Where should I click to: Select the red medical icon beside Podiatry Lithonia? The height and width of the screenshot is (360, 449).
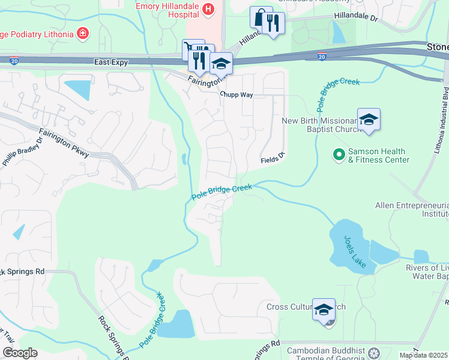pos(82,33)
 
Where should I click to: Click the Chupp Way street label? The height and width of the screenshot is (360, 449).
pos(236,95)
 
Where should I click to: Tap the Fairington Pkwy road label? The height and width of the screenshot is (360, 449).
pos(64,143)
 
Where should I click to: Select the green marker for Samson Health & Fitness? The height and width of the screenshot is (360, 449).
pos(339,155)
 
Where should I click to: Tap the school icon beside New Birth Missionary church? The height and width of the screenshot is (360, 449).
pos(369,119)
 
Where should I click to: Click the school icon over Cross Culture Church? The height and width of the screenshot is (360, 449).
pos(324,309)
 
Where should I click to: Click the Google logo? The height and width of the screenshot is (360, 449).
pos(19,353)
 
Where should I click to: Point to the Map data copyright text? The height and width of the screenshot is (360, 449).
pos(423,355)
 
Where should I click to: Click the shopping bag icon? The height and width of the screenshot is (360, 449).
pos(260,17)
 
